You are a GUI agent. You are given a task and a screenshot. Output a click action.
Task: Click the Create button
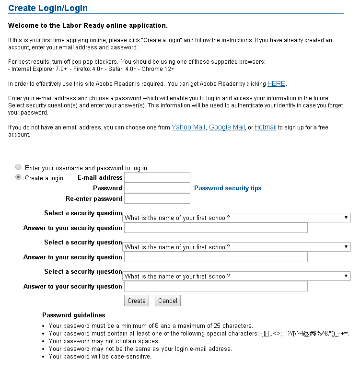point(137,301)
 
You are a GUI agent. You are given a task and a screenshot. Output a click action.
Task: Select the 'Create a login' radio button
point(18,177)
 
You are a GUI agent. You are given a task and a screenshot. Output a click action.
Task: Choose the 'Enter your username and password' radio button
point(18,167)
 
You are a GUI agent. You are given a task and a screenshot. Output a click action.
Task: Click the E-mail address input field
point(157,177)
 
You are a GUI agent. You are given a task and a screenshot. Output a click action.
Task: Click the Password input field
point(157,188)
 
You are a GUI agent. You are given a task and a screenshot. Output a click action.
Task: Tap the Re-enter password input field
point(157,198)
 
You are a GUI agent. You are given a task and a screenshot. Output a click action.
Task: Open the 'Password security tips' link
point(228,188)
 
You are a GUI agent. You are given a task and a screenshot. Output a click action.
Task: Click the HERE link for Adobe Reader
point(276,84)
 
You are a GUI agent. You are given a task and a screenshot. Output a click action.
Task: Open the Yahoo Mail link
point(188,128)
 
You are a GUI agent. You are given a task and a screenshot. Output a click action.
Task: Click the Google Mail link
point(227,128)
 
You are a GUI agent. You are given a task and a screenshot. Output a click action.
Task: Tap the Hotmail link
point(265,128)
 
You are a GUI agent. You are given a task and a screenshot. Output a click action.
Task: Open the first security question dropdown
point(237,218)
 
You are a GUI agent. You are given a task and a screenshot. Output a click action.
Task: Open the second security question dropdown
point(237,247)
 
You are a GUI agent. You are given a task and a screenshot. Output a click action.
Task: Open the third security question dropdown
point(237,276)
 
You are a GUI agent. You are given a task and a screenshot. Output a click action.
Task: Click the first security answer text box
point(216,228)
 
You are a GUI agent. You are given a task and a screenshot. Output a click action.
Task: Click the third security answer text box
point(216,286)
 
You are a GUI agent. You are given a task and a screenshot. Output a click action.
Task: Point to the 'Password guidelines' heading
point(73,315)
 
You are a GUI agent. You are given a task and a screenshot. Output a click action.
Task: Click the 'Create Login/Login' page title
point(48,8)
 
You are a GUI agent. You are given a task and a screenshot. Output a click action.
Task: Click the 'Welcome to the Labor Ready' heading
point(88,25)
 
